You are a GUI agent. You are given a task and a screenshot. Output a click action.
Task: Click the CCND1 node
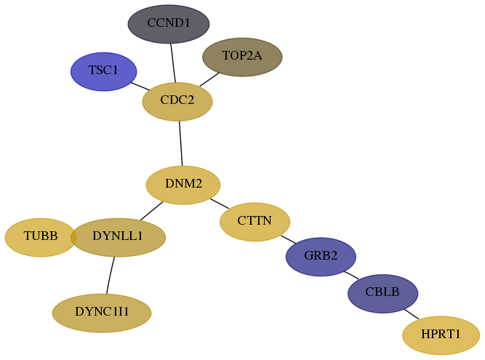click(x=169, y=24)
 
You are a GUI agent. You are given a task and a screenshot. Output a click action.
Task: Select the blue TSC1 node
click(x=104, y=71)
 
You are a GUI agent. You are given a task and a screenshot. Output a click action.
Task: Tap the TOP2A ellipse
click(x=242, y=57)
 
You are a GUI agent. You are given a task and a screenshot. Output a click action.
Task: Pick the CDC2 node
click(x=177, y=101)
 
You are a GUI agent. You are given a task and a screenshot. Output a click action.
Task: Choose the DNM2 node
click(x=183, y=185)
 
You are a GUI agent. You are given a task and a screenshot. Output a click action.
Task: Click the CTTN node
click(x=255, y=222)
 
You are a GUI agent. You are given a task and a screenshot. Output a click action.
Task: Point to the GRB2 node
click(x=321, y=257)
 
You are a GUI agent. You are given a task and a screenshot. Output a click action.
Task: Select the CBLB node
click(x=383, y=294)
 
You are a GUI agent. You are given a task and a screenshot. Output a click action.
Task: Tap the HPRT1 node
click(x=441, y=335)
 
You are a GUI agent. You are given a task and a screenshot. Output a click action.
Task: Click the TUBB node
click(x=41, y=237)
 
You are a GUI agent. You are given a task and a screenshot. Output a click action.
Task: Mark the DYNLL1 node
click(x=118, y=237)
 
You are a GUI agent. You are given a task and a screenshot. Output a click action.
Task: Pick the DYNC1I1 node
click(x=102, y=313)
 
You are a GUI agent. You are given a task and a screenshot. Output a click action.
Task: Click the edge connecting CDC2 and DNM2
click(x=180, y=143)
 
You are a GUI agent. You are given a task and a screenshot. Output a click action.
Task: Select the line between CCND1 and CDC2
click(x=173, y=63)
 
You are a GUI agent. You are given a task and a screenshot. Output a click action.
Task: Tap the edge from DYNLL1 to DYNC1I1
click(x=110, y=275)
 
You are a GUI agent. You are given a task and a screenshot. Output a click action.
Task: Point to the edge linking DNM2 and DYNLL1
click(x=151, y=211)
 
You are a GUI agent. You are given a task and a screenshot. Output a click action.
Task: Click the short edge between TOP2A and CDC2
click(x=209, y=80)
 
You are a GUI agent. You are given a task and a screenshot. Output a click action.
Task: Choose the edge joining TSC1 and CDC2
click(x=140, y=87)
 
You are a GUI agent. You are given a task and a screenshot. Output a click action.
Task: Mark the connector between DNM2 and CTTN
click(x=220, y=204)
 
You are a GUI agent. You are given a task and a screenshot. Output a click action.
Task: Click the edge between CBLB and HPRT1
click(x=412, y=314)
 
